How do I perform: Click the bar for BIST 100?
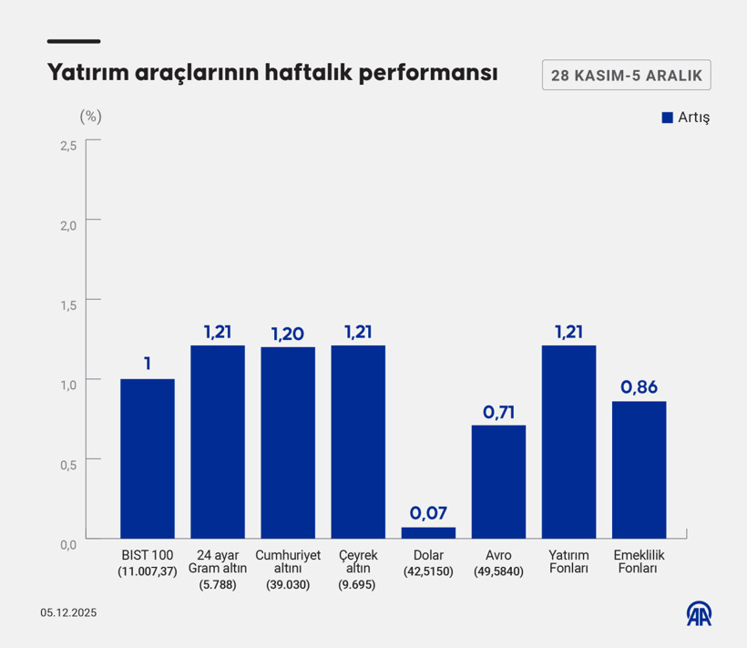[x=148, y=458]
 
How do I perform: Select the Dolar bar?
[x=428, y=532]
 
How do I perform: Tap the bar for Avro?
[x=498, y=481]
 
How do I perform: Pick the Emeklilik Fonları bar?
[x=639, y=469]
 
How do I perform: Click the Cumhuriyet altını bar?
[x=288, y=442]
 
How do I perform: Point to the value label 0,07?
[x=428, y=513]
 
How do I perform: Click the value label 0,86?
[x=639, y=387]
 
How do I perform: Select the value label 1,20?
[x=288, y=333]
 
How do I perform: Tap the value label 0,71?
[x=498, y=411]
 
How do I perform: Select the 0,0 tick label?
[x=68, y=544]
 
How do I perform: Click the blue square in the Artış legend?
[x=667, y=118]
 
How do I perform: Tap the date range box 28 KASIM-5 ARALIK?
[x=626, y=76]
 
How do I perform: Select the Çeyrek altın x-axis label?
[x=358, y=568]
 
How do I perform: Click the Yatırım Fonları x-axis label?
[x=568, y=561]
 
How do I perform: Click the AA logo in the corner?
[x=699, y=613]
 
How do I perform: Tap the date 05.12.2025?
[x=67, y=613]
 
